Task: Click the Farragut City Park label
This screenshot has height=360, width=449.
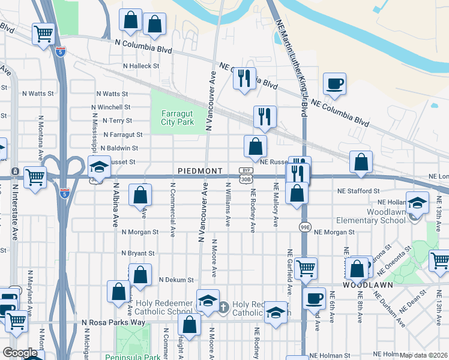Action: (x=177, y=117)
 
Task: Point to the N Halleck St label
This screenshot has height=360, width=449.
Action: (x=140, y=66)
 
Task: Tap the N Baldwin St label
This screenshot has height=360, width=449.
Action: (x=119, y=148)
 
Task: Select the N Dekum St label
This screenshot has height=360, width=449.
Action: (x=176, y=280)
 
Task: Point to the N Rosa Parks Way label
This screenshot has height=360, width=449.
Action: (x=113, y=323)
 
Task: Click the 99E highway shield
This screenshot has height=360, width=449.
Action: (x=305, y=227)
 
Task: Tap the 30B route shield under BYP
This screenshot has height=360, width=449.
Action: (x=246, y=179)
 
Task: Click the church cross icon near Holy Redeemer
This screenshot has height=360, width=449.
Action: (x=223, y=308)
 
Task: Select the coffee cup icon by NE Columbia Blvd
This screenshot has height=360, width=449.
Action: (x=334, y=83)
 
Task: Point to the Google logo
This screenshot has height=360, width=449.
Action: (x=20, y=353)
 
